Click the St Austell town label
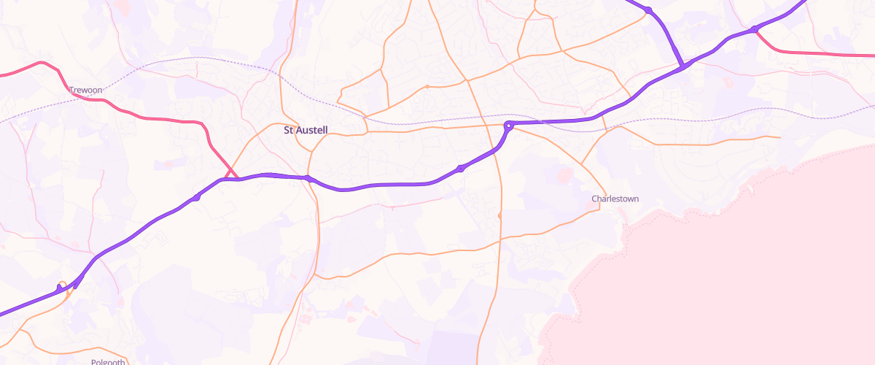point(306,131)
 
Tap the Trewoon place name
point(85,90)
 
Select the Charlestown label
point(615,199)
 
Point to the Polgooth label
point(109,361)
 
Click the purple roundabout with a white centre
point(509,126)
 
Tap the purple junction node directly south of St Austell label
point(308,178)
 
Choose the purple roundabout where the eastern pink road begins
point(754,29)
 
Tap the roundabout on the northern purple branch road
point(647,9)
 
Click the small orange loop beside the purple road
point(63,285)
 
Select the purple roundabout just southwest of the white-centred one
point(460,169)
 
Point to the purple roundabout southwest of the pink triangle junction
point(196,197)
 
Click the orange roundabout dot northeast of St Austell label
point(427,86)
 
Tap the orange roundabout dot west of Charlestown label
point(499,216)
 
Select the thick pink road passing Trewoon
point(146,118)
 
